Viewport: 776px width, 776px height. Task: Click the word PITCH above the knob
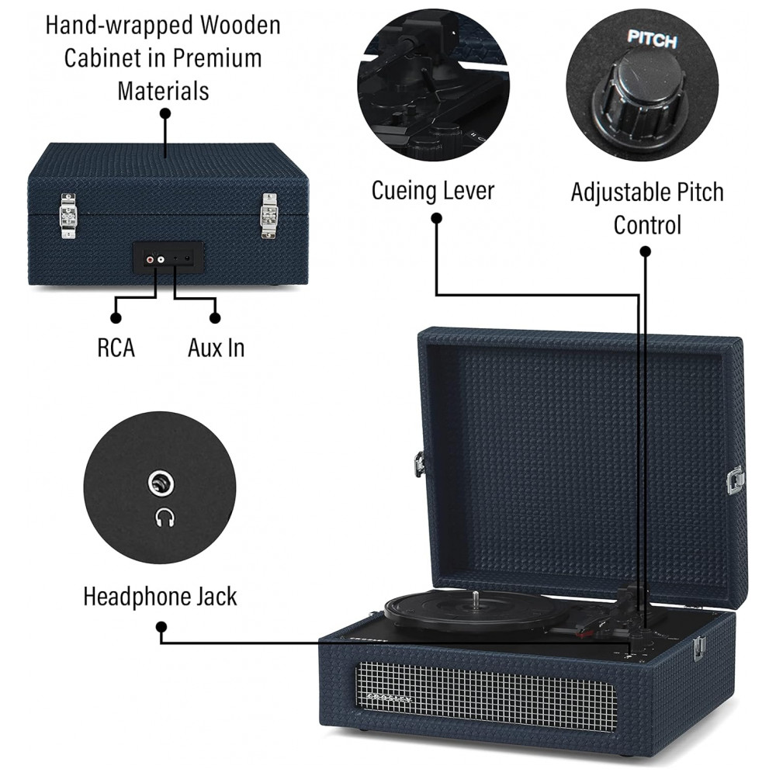[x=652, y=40]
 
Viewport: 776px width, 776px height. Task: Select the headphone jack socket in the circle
[x=162, y=484]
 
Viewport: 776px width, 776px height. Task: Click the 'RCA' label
[x=116, y=348]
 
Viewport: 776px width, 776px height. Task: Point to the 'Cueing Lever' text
[x=432, y=190]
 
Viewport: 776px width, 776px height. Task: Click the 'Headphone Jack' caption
[x=160, y=597]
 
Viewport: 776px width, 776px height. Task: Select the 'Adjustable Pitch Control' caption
[x=646, y=208]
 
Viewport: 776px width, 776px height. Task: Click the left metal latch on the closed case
[x=69, y=216]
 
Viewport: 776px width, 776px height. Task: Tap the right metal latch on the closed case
[x=268, y=215]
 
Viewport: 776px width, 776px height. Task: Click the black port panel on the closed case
[x=168, y=256]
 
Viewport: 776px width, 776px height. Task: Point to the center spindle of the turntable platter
[x=474, y=598]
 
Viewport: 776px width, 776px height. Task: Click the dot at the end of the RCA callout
[x=116, y=317]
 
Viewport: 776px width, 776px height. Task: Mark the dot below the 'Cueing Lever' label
[x=436, y=219]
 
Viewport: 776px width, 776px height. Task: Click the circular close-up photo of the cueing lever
[x=433, y=85]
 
